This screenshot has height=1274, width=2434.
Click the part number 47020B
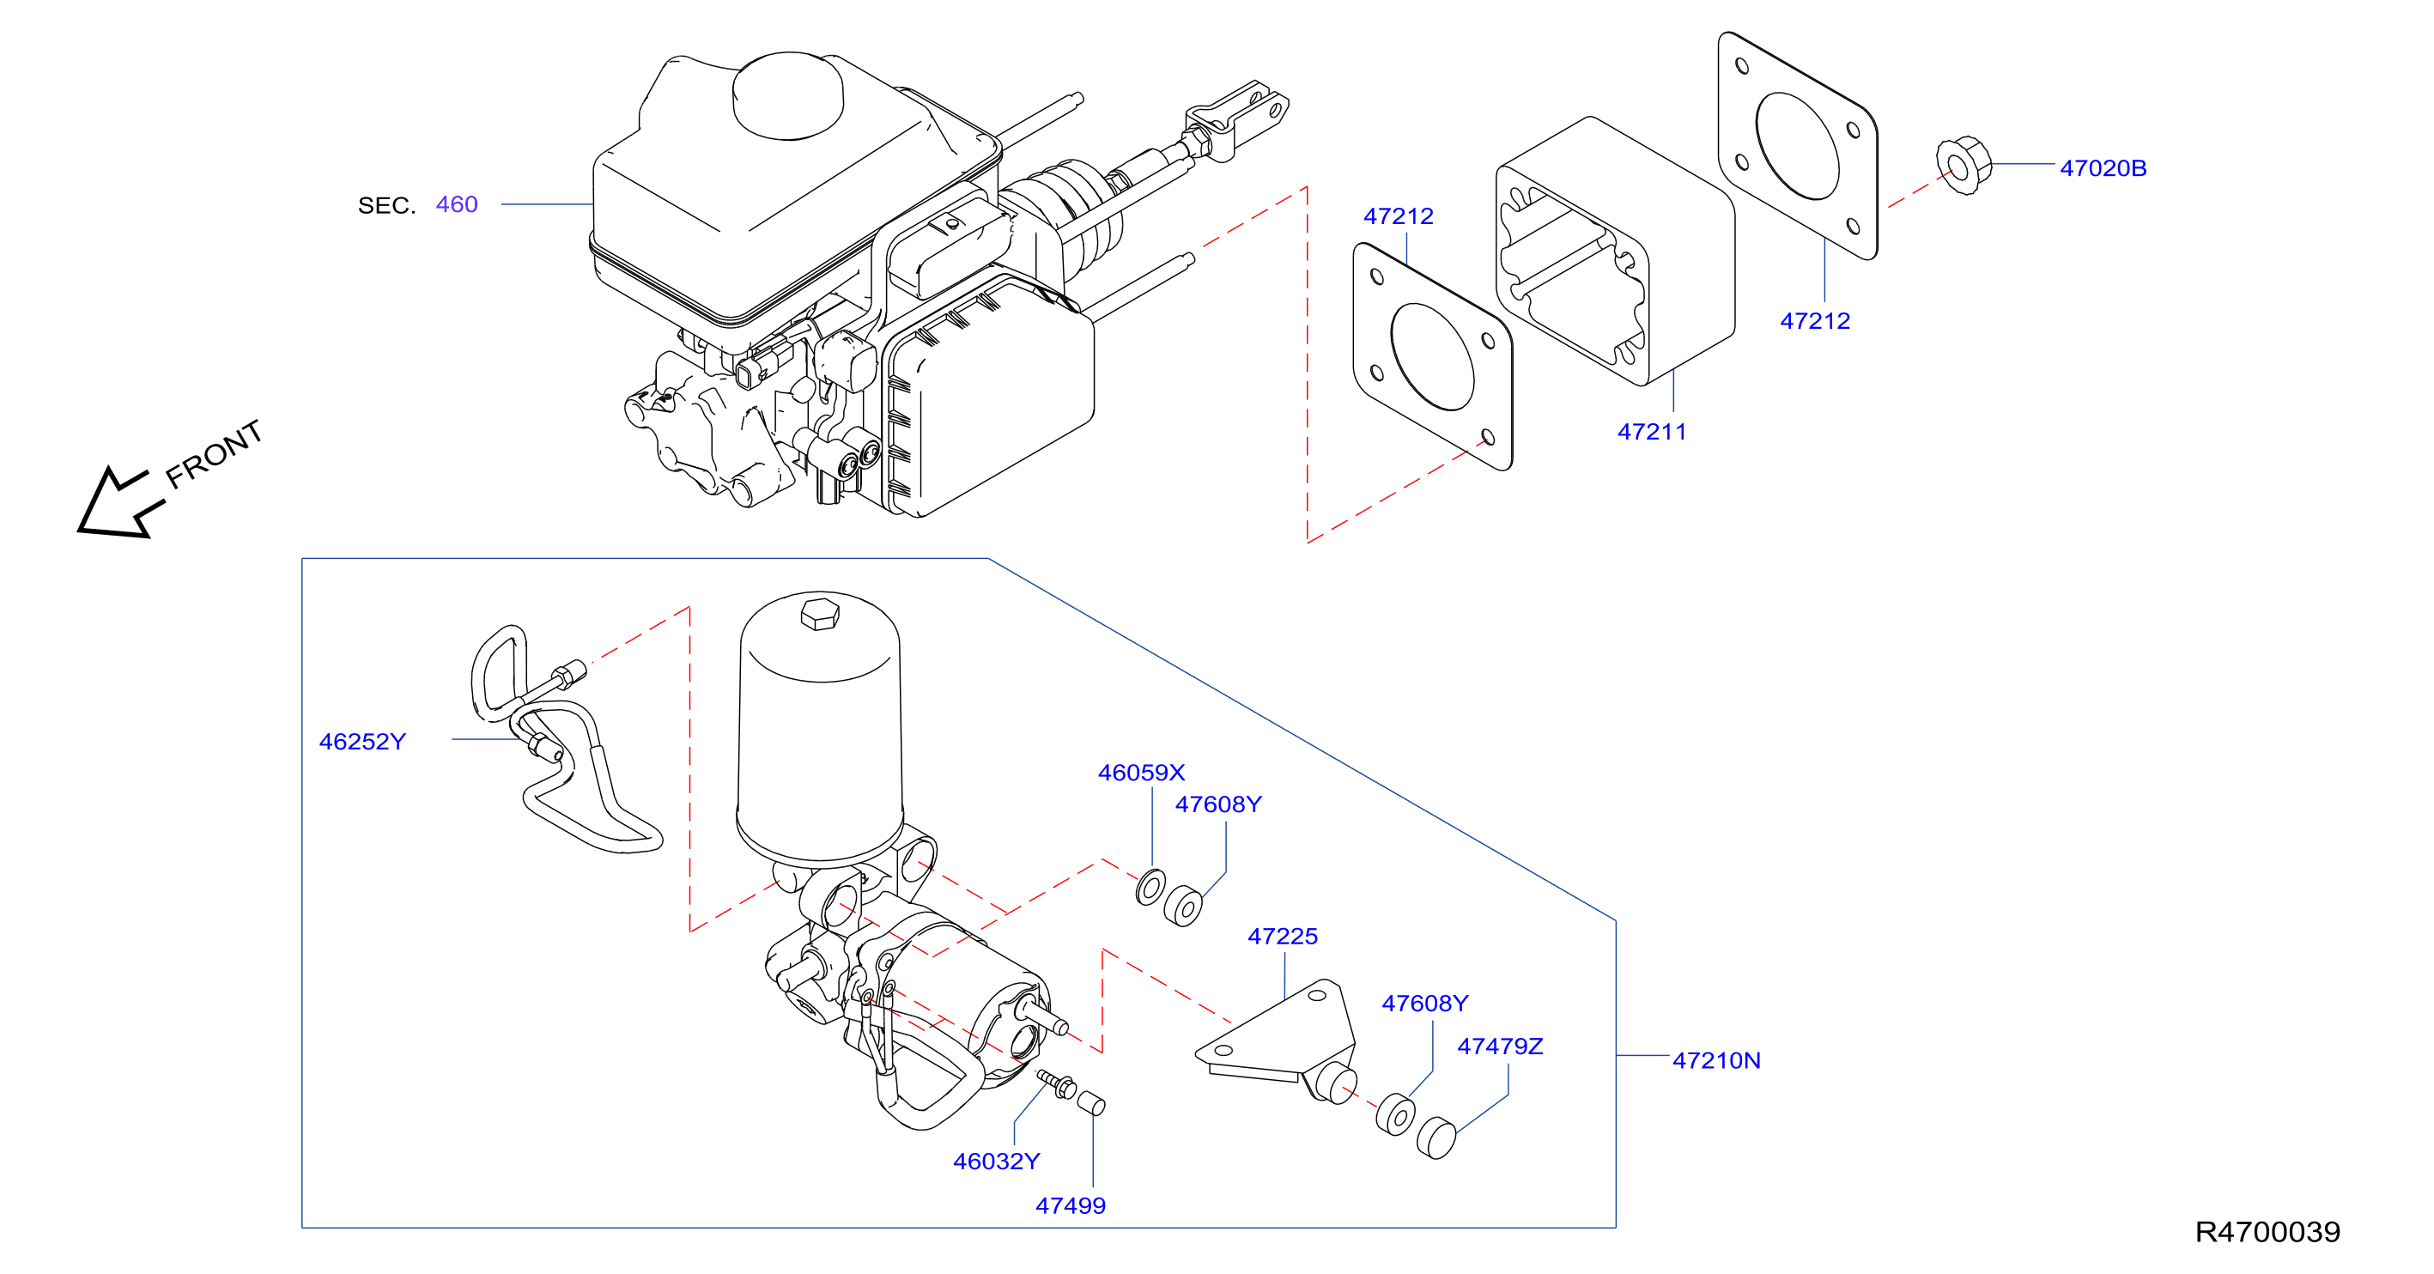pos(2103,168)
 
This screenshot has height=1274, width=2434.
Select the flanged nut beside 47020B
pos(1964,167)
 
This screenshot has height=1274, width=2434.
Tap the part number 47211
pos(1652,432)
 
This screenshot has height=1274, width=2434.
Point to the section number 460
pos(457,204)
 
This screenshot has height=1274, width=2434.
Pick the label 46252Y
pos(362,742)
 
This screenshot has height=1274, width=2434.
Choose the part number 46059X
pos(1140,773)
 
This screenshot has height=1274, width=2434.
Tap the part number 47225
pos(1282,937)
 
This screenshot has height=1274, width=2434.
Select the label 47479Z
pos(1500,1046)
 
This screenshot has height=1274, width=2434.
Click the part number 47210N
pos(1716,1060)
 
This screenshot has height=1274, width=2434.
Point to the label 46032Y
pos(996,1162)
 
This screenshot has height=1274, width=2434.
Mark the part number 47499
pos(1071,1206)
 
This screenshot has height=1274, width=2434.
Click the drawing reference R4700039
pos(2267,1231)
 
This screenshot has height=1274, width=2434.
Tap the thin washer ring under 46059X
pos(1150,887)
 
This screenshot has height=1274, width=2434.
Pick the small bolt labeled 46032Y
pos(1056,1084)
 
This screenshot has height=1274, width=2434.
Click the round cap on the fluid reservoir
pos(788,95)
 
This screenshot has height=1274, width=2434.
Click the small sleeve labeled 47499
pos(1091,1103)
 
